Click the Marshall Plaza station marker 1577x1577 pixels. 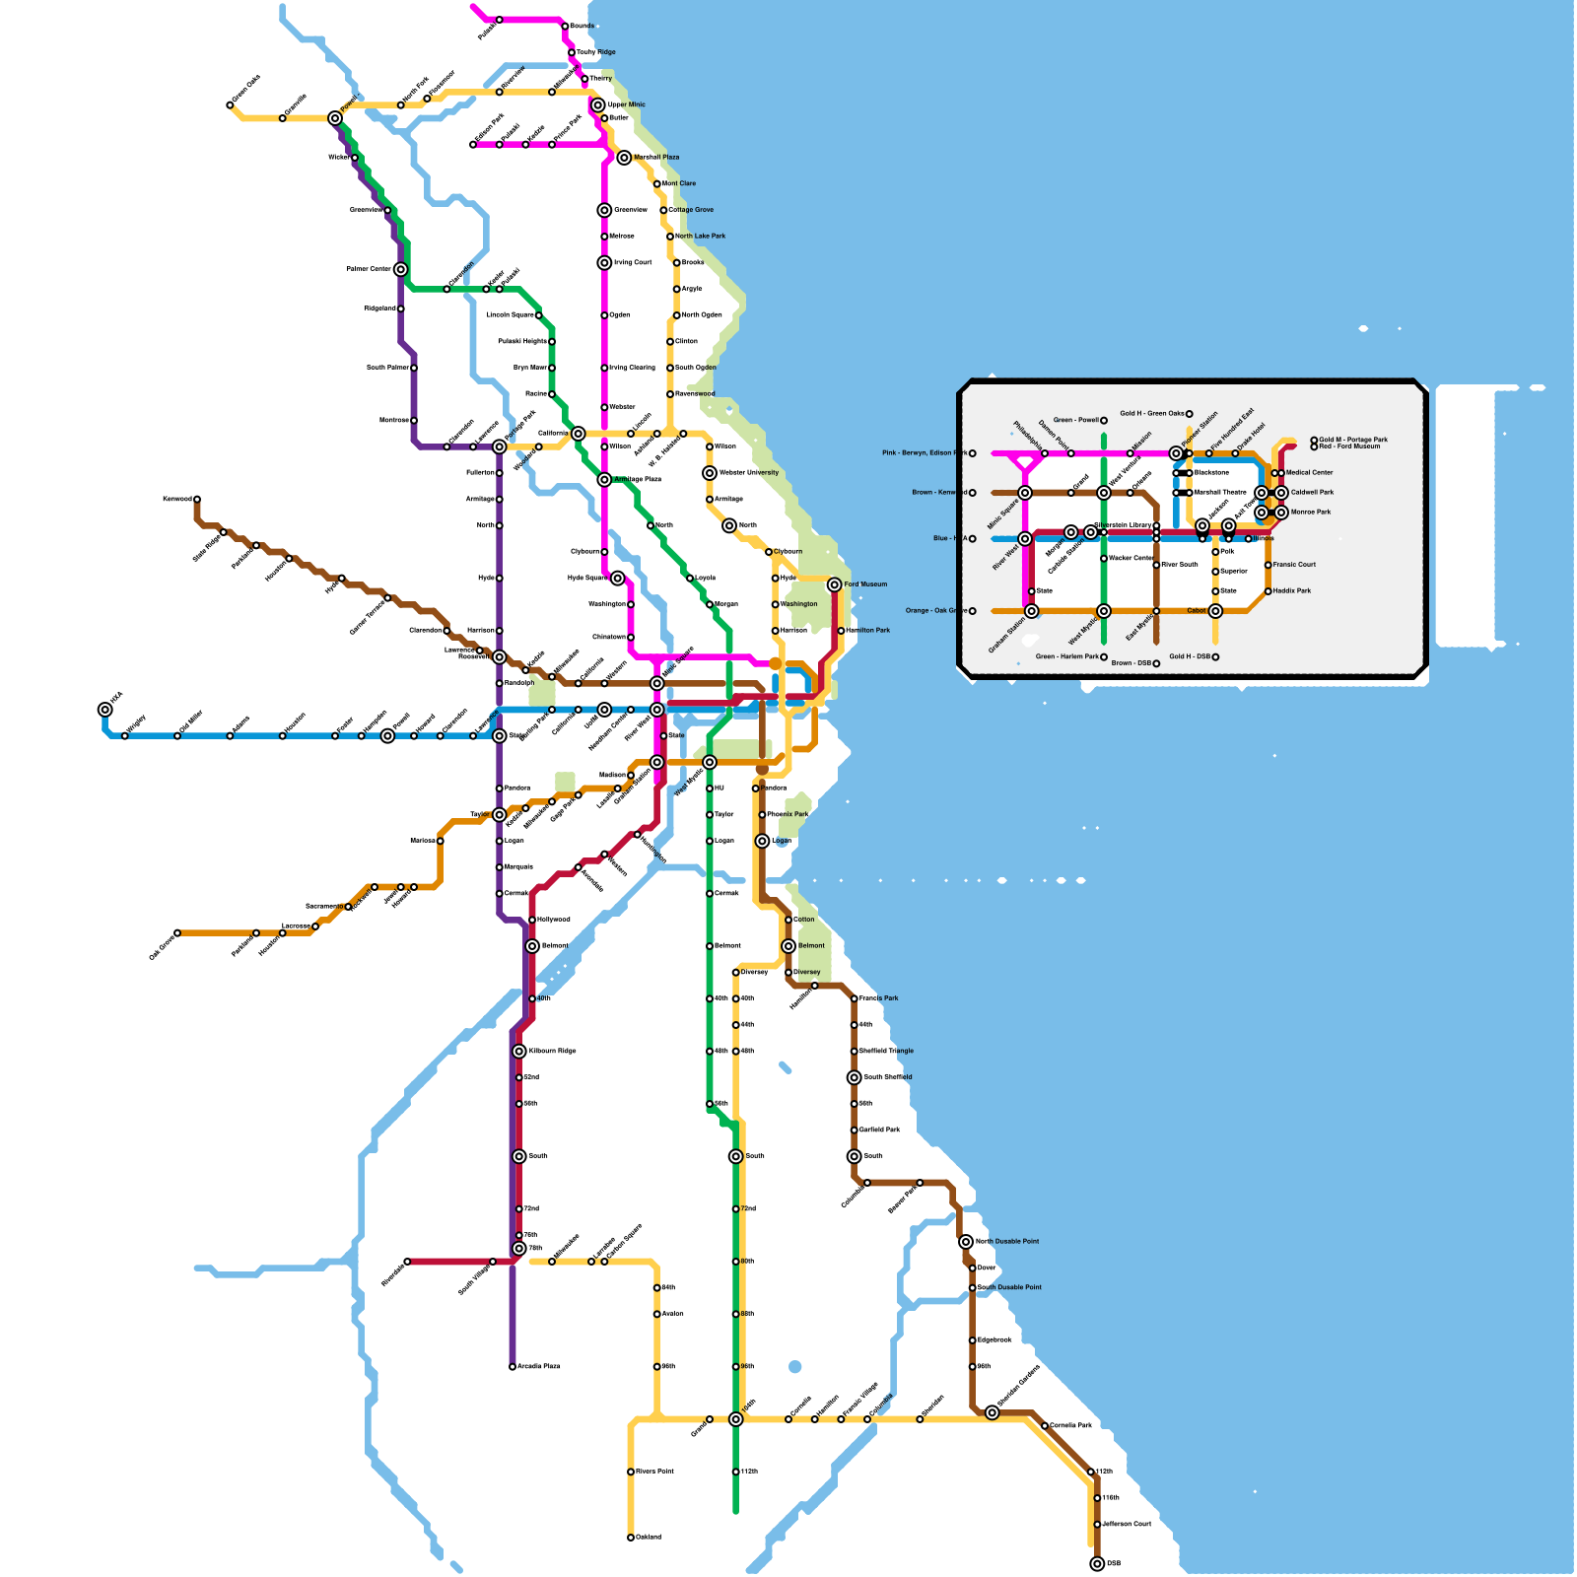[x=624, y=158]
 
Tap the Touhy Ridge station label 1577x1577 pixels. [x=596, y=52]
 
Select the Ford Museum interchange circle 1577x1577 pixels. [x=835, y=584]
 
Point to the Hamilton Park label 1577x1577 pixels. [x=868, y=631]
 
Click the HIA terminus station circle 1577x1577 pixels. [x=105, y=710]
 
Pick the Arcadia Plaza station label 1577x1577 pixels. [x=539, y=1366]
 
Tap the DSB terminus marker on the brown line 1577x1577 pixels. [x=1097, y=1563]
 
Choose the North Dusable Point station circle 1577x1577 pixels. [x=966, y=1242]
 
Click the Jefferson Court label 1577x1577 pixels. [x=1127, y=1524]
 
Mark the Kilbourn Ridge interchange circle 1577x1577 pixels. [x=519, y=1052]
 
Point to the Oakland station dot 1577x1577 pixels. [x=631, y=1538]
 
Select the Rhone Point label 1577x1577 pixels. [x=655, y=1472]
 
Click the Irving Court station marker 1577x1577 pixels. [x=604, y=263]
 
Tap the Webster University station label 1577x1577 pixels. [x=749, y=473]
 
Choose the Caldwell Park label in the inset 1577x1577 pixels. [x=1312, y=493]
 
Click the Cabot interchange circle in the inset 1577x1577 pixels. [x=1215, y=611]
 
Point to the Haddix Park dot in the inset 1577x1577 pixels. [x=1268, y=591]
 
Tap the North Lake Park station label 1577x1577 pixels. [x=701, y=237]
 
